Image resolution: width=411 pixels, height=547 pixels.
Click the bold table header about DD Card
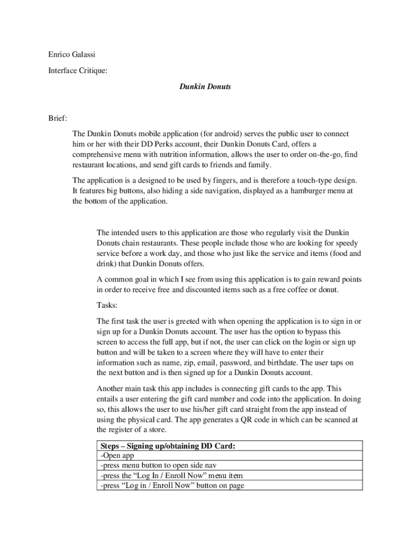pyautogui.click(x=168, y=446)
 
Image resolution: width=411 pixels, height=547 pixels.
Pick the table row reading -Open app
pyautogui.click(x=117, y=456)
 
